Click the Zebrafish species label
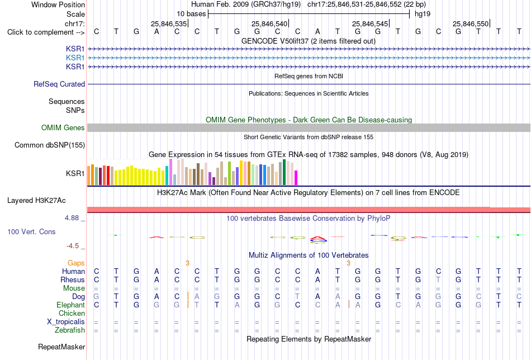point(70,330)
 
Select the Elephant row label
point(70,305)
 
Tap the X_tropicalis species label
point(66,322)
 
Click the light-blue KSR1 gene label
point(75,58)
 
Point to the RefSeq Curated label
point(59,84)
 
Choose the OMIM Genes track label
point(63,127)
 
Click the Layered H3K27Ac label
point(36,201)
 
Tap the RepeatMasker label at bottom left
point(61,347)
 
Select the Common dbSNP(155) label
point(50,145)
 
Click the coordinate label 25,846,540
point(269,23)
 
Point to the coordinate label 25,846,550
point(471,23)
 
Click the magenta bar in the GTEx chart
point(296,178)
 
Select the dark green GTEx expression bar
point(284,172)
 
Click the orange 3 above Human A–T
point(348,263)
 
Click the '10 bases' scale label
point(191,14)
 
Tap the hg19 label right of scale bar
point(423,14)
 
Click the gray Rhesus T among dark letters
point(438,280)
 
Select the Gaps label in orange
point(76,263)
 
